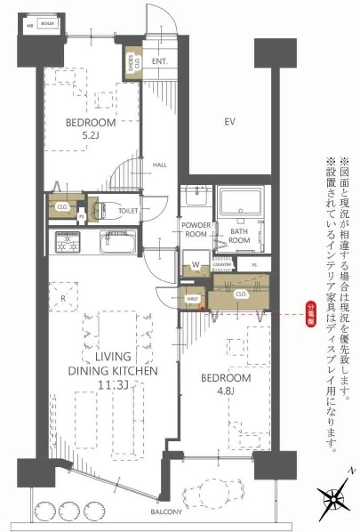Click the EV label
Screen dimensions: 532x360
point(228,121)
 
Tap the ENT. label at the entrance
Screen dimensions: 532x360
point(160,61)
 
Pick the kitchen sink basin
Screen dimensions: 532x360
point(116,241)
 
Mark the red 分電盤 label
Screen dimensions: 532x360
point(311,313)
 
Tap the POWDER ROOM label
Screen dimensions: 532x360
point(195,230)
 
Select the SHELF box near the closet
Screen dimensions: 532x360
point(191,299)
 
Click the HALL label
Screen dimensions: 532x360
point(160,165)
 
